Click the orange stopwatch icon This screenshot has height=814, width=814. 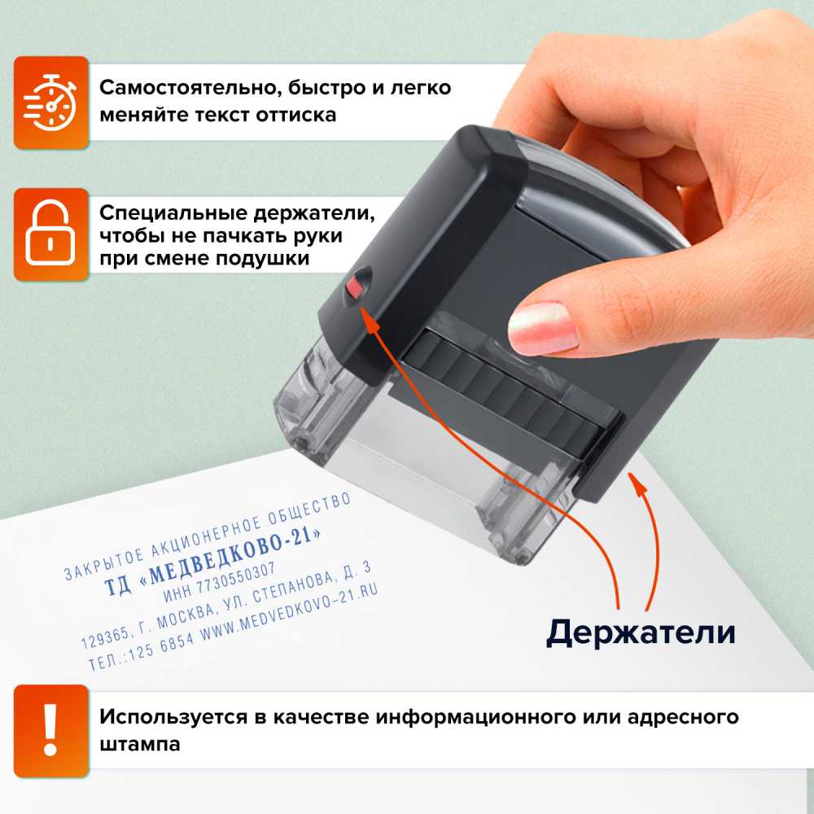pos(50,103)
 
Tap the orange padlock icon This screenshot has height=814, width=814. pos(50,234)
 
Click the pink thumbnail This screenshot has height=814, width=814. pos(542,327)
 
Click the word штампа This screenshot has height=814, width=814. pos(139,744)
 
